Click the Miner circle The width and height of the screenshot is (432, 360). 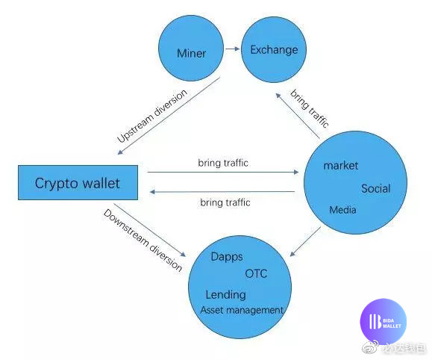click(x=191, y=49)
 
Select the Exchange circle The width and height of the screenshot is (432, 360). click(x=274, y=49)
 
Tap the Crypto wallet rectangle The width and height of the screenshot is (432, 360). click(x=78, y=183)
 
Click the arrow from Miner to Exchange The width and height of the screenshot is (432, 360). click(x=233, y=49)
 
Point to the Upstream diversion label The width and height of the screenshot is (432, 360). click(x=152, y=116)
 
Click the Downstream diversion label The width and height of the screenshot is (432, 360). click(x=143, y=240)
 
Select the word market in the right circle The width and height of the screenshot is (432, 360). click(x=340, y=166)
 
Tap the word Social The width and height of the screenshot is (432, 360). click(x=376, y=188)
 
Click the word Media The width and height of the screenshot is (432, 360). click(x=342, y=210)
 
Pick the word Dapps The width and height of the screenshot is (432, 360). click(x=227, y=257)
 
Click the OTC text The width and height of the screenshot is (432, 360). click(x=256, y=273)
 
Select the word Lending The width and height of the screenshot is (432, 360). click(x=225, y=294)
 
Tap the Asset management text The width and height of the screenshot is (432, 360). click(x=242, y=310)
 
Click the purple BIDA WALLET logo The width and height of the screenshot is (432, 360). click(x=384, y=322)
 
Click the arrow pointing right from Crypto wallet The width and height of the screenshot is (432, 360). click(x=223, y=172)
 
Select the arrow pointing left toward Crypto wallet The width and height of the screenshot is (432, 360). click(x=222, y=192)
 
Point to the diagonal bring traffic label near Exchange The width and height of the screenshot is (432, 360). click(x=310, y=108)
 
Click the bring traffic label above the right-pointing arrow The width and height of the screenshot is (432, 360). click(x=223, y=163)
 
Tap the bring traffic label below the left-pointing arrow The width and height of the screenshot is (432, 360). click(x=225, y=202)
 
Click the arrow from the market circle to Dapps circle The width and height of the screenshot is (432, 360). click(x=305, y=242)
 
